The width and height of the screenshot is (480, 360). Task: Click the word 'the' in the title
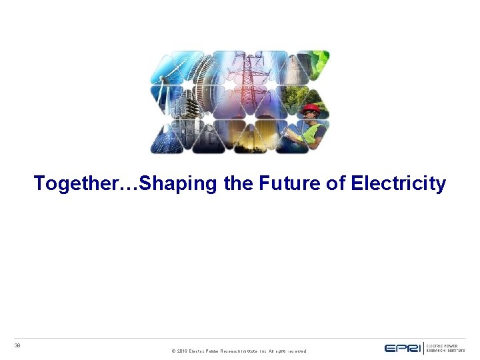(x=239, y=183)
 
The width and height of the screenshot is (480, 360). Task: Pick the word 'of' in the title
(x=335, y=183)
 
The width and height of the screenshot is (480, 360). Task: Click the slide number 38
(x=18, y=345)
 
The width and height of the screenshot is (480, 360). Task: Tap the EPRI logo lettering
(x=402, y=348)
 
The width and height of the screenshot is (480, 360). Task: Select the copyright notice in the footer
(x=239, y=351)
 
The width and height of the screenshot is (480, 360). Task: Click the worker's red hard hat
(x=311, y=108)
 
